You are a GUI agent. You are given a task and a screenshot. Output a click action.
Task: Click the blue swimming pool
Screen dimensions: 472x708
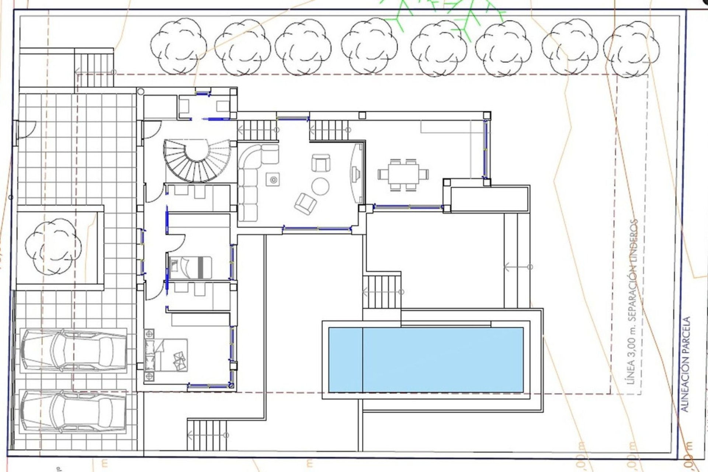pyautogui.click(x=426, y=360)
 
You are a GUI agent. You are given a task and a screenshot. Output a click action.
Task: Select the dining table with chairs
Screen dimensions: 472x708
pyautogui.click(x=403, y=174)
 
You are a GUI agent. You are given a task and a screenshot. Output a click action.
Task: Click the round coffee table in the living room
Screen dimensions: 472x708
pyautogui.click(x=320, y=186)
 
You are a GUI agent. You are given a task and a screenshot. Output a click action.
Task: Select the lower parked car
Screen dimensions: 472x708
pyautogui.click(x=73, y=411)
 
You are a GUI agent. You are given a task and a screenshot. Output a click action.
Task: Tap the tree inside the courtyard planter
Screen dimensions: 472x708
pyautogui.click(x=53, y=246)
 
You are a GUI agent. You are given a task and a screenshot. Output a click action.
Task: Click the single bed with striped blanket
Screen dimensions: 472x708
pyautogui.click(x=190, y=267)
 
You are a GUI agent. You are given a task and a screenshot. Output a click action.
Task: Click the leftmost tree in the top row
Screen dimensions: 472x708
pyautogui.click(x=179, y=46)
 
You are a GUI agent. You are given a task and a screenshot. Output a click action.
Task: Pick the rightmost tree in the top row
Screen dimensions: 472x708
pyautogui.click(x=631, y=48)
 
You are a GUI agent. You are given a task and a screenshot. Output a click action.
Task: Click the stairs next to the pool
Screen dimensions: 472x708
pyautogui.click(x=382, y=291)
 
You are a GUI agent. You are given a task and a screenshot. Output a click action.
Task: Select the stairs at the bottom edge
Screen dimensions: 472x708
pyautogui.click(x=206, y=435)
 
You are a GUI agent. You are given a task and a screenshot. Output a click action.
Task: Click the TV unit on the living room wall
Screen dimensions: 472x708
pyautogui.click(x=356, y=173)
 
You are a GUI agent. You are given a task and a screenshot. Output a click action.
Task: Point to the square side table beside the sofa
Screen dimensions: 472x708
pyautogui.click(x=273, y=180)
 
